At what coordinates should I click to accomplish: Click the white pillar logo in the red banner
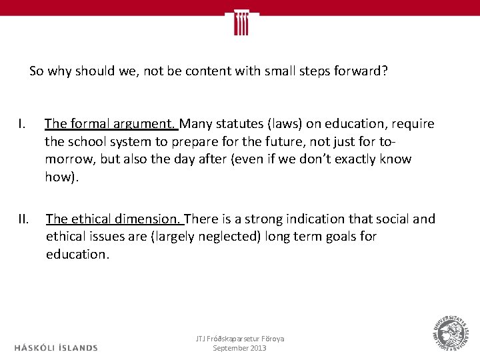(241, 22)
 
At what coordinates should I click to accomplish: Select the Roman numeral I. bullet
(22, 124)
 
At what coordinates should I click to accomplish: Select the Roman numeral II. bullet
(23, 219)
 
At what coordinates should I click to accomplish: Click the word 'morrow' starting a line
(65, 159)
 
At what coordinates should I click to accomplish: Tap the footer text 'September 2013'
(239, 349)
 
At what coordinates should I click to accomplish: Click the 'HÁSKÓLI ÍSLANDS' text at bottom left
(56, 347)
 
